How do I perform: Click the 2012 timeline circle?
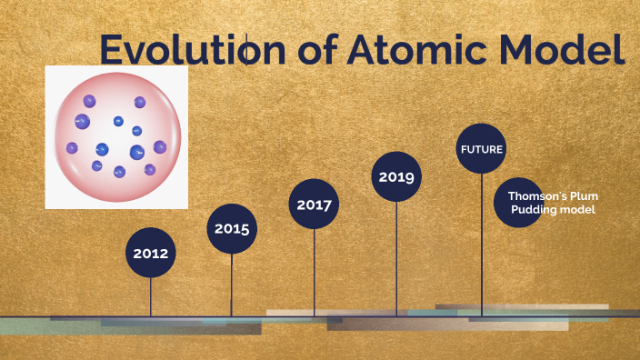(x=151, y=254)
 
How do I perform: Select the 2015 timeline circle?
(x=232, y=228)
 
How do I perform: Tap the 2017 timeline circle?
(x=314, y=204)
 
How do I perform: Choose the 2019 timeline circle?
(x=396, y=176)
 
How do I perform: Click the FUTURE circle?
(x=481, y=148)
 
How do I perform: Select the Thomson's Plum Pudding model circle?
(x=551, y=203)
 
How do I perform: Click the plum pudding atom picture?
(x=116, y=137)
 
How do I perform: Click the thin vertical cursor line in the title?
(x=246, y=49)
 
